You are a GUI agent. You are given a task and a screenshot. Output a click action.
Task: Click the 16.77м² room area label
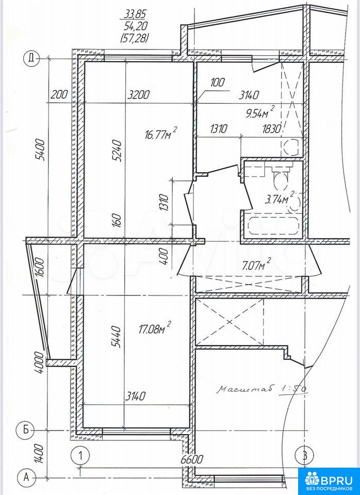161,134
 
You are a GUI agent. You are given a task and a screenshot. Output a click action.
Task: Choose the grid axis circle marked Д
31,58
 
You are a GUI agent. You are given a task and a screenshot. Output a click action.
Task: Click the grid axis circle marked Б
24,430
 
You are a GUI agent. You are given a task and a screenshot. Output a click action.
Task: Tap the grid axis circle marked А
26,476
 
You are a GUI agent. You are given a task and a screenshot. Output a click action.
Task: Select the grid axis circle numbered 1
80,455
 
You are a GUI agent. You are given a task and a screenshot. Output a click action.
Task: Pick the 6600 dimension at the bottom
190,458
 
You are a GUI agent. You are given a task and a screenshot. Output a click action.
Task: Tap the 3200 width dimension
138,94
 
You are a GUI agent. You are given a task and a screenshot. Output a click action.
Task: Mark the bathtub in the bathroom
273,224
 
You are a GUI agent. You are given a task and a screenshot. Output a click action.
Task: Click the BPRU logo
329,481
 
